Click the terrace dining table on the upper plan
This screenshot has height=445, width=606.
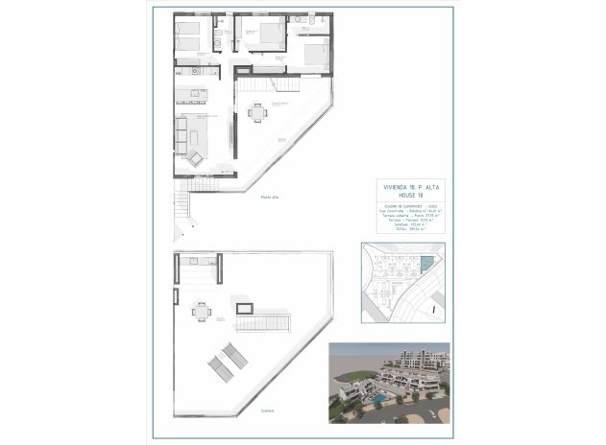tap(255, 113)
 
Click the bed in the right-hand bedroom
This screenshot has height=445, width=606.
tap(313, 54)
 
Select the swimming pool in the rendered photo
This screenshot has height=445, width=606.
tap(380, 396)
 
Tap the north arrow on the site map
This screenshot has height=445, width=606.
tap(435, 309)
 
